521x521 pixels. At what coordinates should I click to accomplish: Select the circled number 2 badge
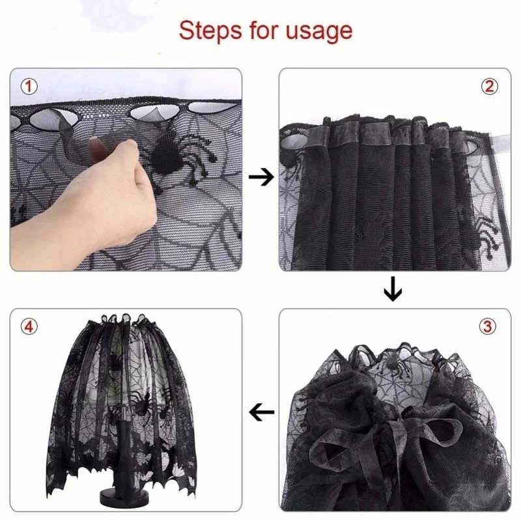click(490, 86)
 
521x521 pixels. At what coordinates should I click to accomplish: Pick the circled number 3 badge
click(490, 326)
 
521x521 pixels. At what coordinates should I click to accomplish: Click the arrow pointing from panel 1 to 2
click(261, 177)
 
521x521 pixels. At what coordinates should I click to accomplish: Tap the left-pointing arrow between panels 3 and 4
click(261, 411)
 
